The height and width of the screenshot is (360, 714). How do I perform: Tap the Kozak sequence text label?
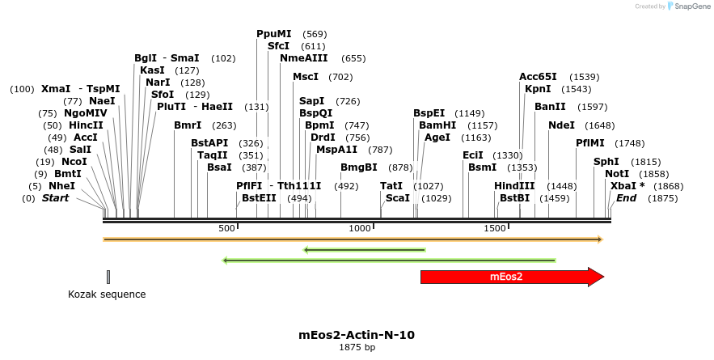[x=107, y=294]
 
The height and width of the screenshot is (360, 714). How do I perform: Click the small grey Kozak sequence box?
[x=108, y=277]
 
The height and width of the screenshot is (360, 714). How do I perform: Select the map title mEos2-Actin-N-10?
[x=357, y=334]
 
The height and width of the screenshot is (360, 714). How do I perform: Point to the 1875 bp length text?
[x=357, y=348]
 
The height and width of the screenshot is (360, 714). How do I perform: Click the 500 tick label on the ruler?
[x=227, y=228]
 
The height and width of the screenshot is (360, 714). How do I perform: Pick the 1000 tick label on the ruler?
[x=360, y=228]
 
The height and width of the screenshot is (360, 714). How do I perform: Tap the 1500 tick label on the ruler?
[x=495, y=228]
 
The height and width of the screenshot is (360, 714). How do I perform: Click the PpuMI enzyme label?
[x=273, y=34]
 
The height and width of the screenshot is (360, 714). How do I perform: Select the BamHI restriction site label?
[x=437, y=125]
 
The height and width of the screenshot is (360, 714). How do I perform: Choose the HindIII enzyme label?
[x=514, y=185]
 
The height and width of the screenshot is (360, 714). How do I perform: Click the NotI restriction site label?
[x=617, y=173]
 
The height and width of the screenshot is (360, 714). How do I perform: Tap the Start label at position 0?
[x=55, y=197]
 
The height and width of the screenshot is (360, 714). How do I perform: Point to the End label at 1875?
[x=626, y=197]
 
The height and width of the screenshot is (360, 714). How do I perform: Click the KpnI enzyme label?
[x=538, y=89]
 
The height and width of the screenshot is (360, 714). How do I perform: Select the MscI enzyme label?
[x=306, y=77]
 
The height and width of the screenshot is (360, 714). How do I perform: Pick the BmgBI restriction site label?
[x=358, y=167]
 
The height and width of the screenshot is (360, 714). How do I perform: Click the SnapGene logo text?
[x=693, y=6]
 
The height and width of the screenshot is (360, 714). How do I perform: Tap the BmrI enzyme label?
[x=188, y=125]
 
